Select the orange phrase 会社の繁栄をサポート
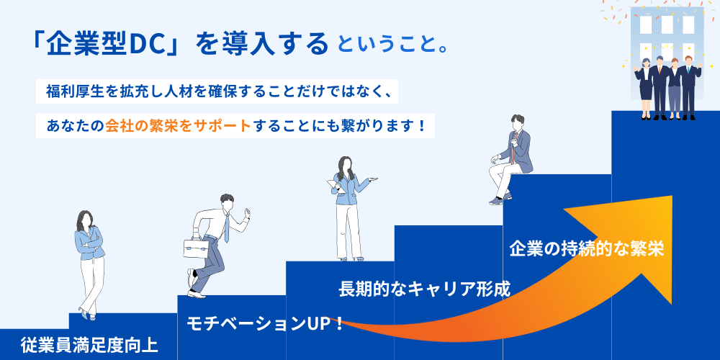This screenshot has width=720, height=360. pos(178,125)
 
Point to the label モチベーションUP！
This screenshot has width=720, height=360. pos(265,323)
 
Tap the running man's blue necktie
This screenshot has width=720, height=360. pos(225,229)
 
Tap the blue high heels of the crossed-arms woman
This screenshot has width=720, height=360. pos(87,314)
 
